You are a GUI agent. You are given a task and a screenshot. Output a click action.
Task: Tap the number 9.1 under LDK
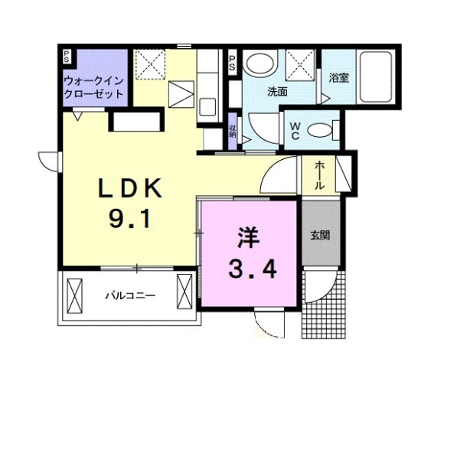click(128, 220)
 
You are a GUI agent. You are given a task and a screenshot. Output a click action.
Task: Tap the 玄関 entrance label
click(319, 235)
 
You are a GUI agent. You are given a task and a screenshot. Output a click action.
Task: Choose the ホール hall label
click(318, 175)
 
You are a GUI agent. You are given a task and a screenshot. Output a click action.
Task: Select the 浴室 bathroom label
click(338, 77)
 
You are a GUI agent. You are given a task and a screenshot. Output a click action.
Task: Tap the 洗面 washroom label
click(276, 92)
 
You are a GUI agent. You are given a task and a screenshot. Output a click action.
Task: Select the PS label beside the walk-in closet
click(67, 57)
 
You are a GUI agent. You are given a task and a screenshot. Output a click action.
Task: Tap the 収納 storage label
click(232, 131)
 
